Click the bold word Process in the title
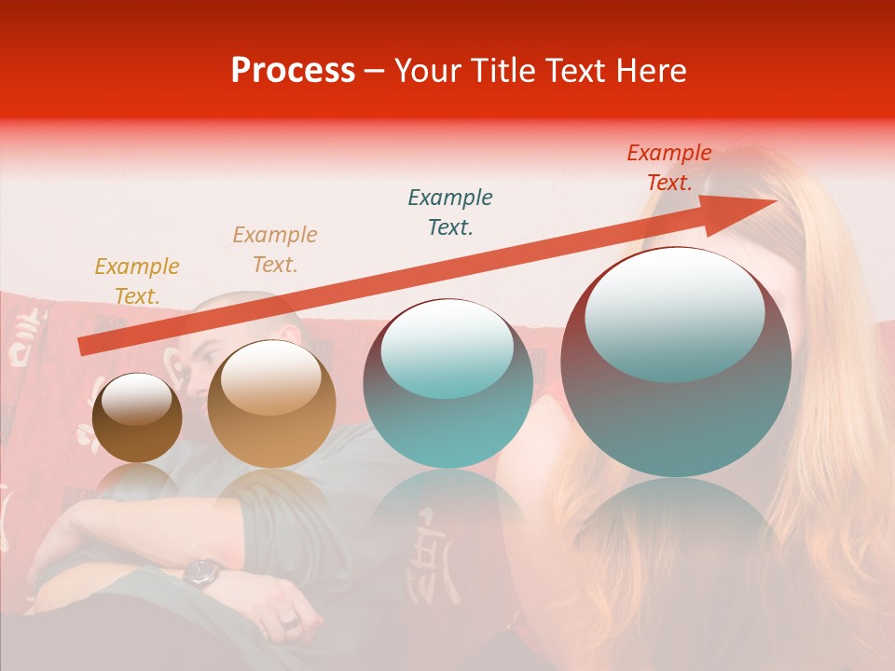click(293, 71)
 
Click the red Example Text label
click(668, 168)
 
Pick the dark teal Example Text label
click(450, 212)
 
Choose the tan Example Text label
click(275, 250)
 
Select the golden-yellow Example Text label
click(137, 281)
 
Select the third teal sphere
click(448, 384)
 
